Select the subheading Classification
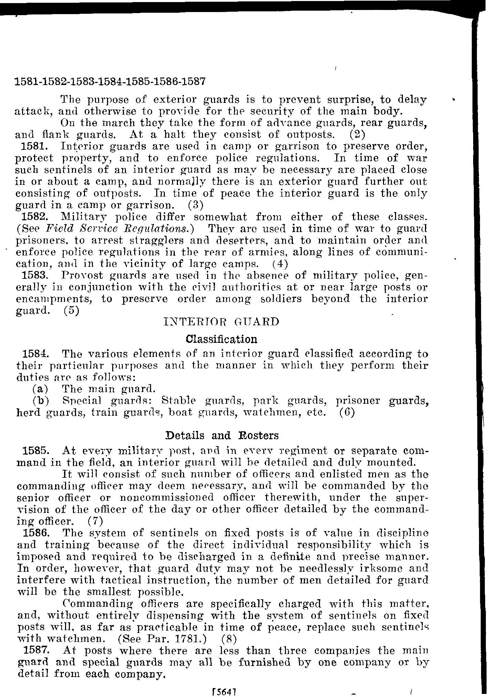coord(221,339)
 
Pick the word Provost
coord(81,275)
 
